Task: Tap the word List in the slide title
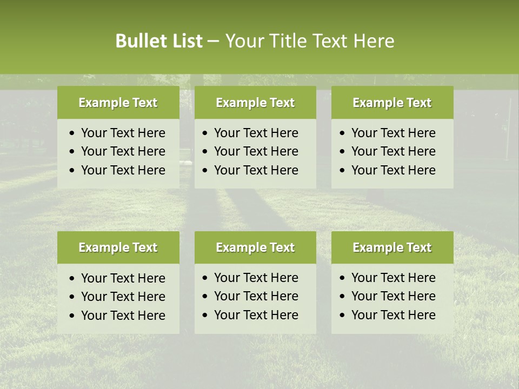tap(185, 41)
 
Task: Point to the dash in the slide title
tap(213, 42)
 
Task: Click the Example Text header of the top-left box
tap(118, 103)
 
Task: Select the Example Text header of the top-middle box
tap(255, 103)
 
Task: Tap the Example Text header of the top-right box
tap(392, 103)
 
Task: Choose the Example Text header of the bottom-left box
tap(118, 247)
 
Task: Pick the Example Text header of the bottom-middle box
tap(255, 247)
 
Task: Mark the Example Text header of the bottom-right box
tap(392, 247)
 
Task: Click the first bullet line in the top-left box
tap(123, 133)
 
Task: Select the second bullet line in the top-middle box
tap(256, 151)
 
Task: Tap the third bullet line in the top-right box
tap(393, 170)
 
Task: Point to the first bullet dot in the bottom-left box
tap(72, 279)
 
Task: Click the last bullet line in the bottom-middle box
tap(256, 315)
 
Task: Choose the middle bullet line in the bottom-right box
tap(393, 296)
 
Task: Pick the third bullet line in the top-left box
tap(123, 170)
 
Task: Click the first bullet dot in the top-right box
tap(343, 133)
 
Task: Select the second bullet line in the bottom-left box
tap(123, 297)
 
